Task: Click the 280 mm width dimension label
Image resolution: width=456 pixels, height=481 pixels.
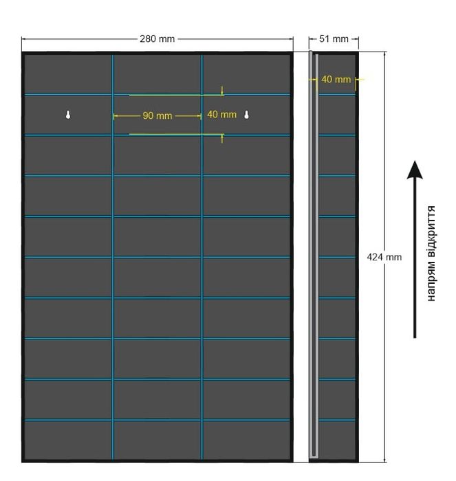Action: (x=158, y=39)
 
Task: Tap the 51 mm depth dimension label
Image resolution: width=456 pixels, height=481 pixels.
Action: (x=334, y=39)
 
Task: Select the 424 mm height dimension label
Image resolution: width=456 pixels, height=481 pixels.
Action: (x=384, y=257)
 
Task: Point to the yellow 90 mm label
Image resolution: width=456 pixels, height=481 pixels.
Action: (x=158, y=115)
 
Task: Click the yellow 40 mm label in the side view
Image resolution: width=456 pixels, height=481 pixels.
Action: (x=336, y=80)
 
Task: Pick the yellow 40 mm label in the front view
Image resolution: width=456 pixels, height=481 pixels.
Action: (x=221, y=115)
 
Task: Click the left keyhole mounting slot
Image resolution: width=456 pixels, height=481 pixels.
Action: (x=68, y=115)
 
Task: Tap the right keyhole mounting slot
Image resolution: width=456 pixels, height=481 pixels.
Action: (x=246, y=115)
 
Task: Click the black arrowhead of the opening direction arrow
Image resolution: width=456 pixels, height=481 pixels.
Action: (x=415, y=170)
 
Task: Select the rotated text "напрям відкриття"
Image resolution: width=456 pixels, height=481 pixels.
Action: (x=431, y=254)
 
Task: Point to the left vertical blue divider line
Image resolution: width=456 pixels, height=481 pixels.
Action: (x=113, y=257)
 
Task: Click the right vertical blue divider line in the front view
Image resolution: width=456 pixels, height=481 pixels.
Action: (x=202, y=257)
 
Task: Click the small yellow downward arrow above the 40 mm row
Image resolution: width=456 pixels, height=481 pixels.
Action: (x=222, y=91)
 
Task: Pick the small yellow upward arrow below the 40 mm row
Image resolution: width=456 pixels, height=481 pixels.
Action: (x=222, y=138)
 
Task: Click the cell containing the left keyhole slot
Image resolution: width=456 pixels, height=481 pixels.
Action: (x=68, y=115)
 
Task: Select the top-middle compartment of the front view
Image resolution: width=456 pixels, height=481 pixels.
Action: (x=158, y=74)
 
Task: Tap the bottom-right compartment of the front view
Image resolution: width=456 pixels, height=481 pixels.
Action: (x=247, y=440)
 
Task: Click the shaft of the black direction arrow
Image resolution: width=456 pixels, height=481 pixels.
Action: (x=415, y=258)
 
